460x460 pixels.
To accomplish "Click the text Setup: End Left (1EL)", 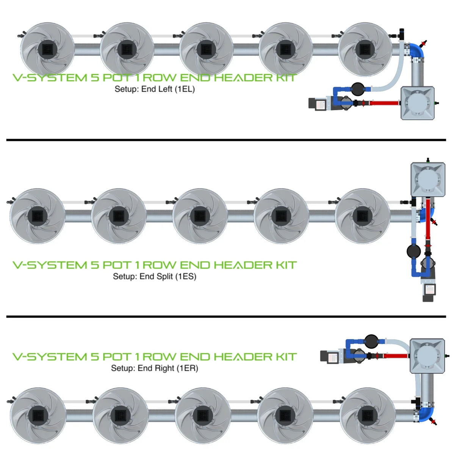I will [x=155, y=89].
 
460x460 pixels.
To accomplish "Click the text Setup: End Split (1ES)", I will [x=155, y=276].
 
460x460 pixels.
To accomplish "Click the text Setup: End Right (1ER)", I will [x=155, y=368].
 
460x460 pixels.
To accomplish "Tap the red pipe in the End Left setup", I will [x=383, y=103].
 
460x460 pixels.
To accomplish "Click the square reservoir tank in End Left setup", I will [x=418, y=103].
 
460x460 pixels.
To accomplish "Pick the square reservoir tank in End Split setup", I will [x=428, y=179].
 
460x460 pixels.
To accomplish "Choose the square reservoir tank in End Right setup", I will [x=427, y=356].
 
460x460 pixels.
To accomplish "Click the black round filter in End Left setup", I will [x=357, y=89].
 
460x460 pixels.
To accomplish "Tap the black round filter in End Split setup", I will [x=413, y=251].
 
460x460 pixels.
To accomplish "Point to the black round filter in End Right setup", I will [x=371, y=341].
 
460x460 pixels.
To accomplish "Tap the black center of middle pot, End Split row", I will [x=200, y=216].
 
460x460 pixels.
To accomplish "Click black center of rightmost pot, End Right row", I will [x=367, y=415].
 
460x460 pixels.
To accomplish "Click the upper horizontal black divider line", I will [x=226, y=140].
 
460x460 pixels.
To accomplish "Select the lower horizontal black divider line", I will [x=226, y=316].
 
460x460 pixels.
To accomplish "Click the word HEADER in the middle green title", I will [x=243, y=265].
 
